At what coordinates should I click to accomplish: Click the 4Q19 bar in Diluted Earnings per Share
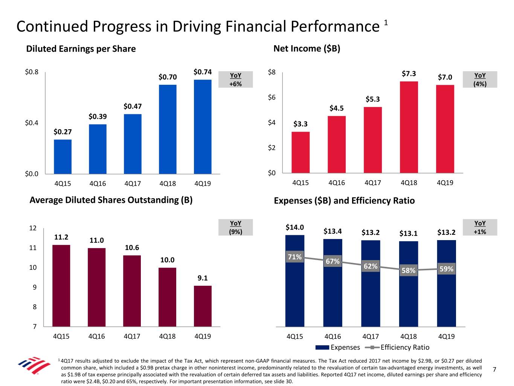point(203,127)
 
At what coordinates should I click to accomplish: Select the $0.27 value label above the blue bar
point(63,132)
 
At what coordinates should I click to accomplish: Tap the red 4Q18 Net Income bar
point(409,127)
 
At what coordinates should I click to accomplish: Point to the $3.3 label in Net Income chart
point(300,124)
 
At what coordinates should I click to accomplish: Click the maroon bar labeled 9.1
point(203,306)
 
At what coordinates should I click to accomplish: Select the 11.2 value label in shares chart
point(61,237)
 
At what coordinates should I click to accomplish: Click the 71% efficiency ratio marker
point(295,257)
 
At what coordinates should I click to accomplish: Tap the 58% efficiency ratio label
point(409,270)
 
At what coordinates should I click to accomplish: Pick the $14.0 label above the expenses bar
point(295,227)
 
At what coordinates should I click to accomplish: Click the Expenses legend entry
point(338,347)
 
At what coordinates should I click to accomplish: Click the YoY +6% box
point(236,80)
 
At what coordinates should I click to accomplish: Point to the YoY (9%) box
point(236,227)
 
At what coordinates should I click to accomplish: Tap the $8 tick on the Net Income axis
point(271,72)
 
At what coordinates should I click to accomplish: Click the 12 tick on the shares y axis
point(33,228)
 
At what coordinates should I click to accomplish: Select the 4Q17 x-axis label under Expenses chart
point(371,336)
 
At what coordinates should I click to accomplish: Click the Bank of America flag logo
point(34,365)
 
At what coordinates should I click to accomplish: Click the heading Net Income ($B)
point(307,49)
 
